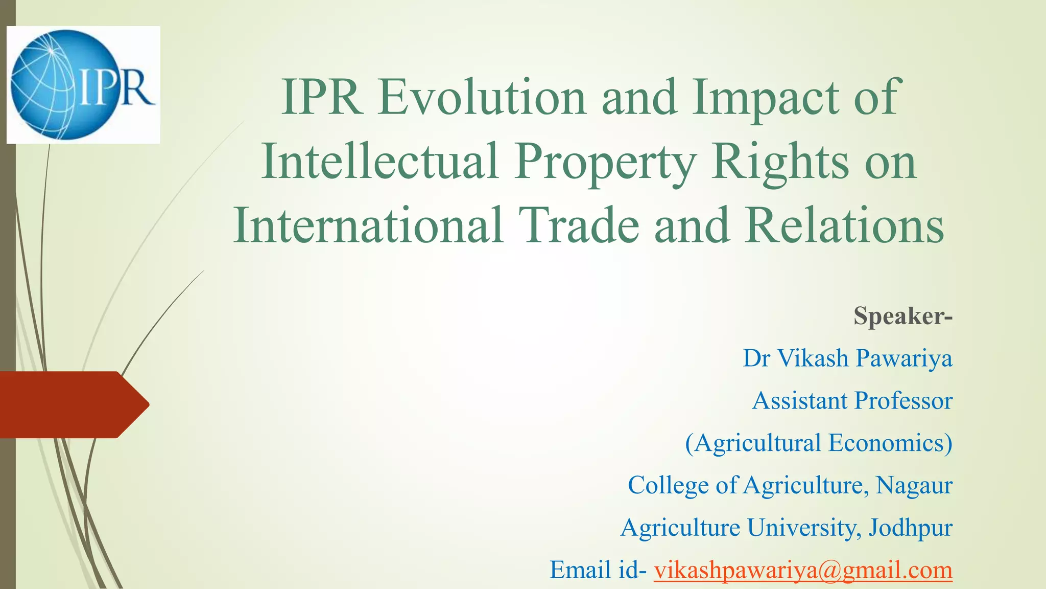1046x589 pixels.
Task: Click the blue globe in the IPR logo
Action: (x=46, y=85)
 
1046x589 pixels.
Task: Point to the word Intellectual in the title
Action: (x=379, y=162)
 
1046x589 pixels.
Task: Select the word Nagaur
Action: (x=914, y=485)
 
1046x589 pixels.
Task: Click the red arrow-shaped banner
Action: (x=72, y=404)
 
